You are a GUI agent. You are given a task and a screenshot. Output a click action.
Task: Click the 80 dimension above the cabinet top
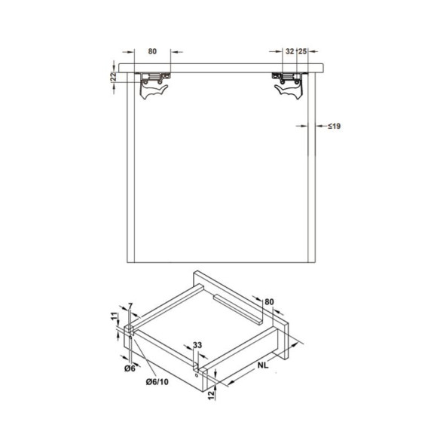point(152,51)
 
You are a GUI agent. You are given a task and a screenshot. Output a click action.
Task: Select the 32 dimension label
point(289,51)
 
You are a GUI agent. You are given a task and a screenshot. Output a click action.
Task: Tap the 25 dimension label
point(302,51)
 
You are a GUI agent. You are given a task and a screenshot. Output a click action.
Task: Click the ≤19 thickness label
point(335,126)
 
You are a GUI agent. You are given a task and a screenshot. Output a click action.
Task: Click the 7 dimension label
point(130,305)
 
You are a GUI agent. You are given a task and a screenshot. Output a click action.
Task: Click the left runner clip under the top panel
point(154,84)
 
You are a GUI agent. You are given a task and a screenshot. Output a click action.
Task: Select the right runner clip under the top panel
point(289,84)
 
